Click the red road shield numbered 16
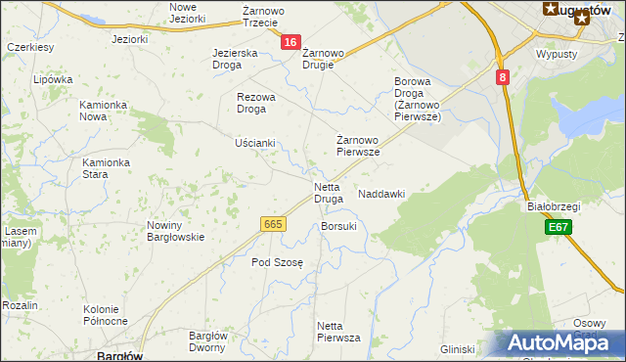(x=291, y=42)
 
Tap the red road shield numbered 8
(x=502, y=76)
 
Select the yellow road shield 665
(x=274, y=225)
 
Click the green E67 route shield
(x=559, y=227)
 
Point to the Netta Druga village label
(x=328, y=192)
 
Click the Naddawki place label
(x=381, y=194)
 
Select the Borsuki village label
(x=338, y=226)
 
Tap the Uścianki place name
(x=255, y=143)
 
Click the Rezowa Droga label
(x=257, y=103)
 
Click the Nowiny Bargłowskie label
(x=175, y=231)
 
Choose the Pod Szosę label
(x=278, y=262)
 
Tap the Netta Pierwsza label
(x=338, y=331)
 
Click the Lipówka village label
(x=53, y=80)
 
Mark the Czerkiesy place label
(x=29, y=47)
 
